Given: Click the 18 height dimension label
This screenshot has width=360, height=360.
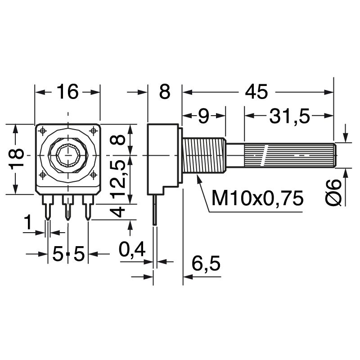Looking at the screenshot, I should pyautogui.click(x=17, y=159).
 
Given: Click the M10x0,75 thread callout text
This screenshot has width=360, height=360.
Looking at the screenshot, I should pyautogui.click(x=257, y=198).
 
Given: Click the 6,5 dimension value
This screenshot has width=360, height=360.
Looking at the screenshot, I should pyautogui.click(x=206, y=263).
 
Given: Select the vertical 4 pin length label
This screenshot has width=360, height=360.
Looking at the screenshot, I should pyautogui.click(x=118, y=211).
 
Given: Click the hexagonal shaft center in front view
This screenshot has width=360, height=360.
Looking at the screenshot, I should pyautogui.click(x=67, y=154).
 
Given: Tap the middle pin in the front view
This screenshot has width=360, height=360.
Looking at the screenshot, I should pyautogui.click(x=67, y=207).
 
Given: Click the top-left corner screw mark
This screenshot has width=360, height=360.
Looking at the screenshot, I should pyautogui.click(x=43, y=130).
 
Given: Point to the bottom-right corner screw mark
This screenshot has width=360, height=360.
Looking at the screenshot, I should pyautogui.click(x=93, y=174).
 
